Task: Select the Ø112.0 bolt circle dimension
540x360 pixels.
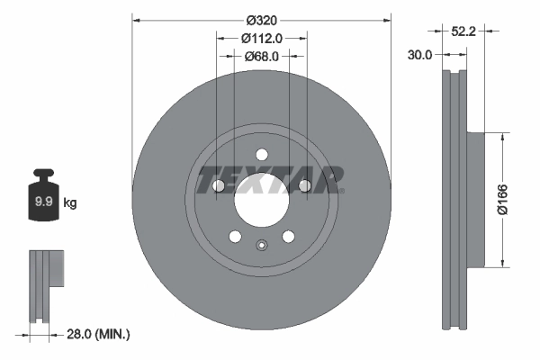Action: (262, 38)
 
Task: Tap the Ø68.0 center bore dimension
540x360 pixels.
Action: (262, 56)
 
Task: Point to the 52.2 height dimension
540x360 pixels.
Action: (463, 31)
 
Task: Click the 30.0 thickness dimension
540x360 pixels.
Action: (420, 54)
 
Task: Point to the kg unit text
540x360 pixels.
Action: (70, 203)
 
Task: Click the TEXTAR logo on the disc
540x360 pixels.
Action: (269, 179)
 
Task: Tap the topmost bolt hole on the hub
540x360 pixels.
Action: (261, 154)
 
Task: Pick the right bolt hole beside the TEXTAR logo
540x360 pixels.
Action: (304, 185)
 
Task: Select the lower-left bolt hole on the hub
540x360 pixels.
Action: (235, 237)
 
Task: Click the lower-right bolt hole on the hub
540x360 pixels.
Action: (288, 237)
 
